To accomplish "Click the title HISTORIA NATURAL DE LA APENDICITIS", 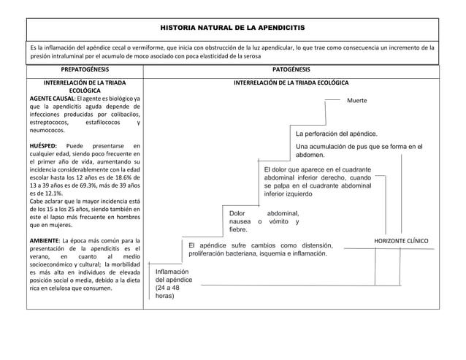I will coord(232,27).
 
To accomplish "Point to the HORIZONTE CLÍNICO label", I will coord(401,240).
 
